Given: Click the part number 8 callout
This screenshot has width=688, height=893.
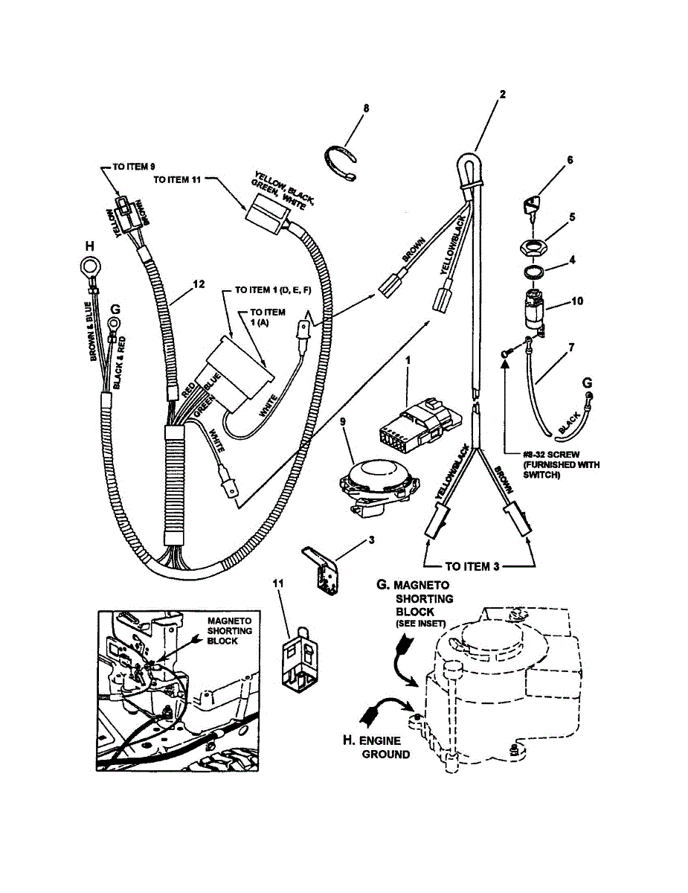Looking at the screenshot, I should (x=366, y=109).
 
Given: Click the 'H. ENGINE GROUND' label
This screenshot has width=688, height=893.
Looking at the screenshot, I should (x=380, y=747).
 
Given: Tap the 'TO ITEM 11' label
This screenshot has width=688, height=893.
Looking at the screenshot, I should (x=179, y=179).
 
